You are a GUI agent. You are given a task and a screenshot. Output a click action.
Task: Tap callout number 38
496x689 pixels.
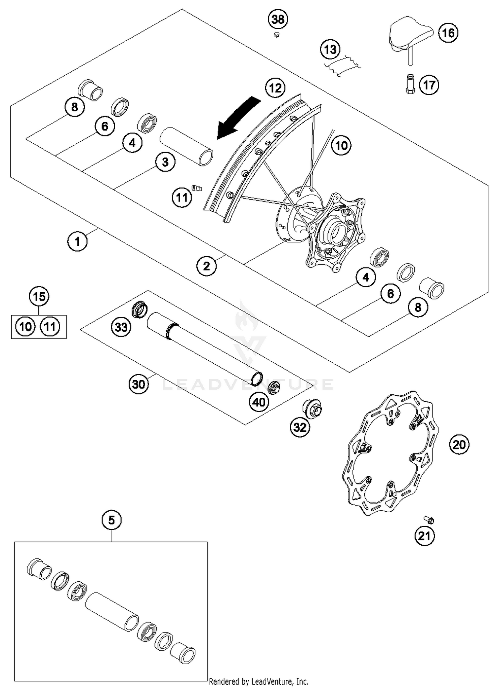pyautogui.click(x=278, y=19)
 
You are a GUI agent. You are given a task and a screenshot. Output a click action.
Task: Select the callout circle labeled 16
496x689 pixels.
pyautogui.click(x=448, y=33)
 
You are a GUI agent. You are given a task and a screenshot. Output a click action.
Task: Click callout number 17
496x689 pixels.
pyautogui.click(x=429, y=85)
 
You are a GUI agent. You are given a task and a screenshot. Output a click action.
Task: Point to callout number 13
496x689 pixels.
pyautogui.click(x=330, y=50)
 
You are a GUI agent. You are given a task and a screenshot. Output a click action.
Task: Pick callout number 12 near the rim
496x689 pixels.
pyautogui.click(x=275, y=88)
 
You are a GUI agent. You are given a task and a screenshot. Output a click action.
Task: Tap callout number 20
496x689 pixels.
pyautogui.click(x=459, y=445)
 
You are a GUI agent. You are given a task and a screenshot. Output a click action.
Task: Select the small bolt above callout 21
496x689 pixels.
pyautogui.click(x=429, y=520)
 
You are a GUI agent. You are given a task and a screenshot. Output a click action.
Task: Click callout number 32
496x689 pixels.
pyautogui.click(x=300, y=427)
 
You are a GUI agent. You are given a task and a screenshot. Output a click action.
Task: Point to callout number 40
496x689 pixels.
pyautogui.click(x=259, y=402)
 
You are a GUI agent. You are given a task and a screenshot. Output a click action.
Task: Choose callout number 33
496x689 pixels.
pyautogui.click(x=121, y=327)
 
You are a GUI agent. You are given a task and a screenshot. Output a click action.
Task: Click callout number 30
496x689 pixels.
pyautogui.click(x=139, y=384)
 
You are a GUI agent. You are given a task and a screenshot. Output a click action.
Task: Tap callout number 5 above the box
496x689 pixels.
pyautogui.click(x=111, y=520)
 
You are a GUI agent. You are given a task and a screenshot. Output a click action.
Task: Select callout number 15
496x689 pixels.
pyautogui.click(x=39, y=296)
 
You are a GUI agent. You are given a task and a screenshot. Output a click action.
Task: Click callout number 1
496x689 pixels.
pyautogui.click(x=77, y=241)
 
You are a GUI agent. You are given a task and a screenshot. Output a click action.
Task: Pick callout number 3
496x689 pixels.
pyautogui.click(x=165, y=162)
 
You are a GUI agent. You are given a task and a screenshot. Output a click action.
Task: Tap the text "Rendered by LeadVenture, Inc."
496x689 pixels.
pyautogui.click(x=259, y=681)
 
